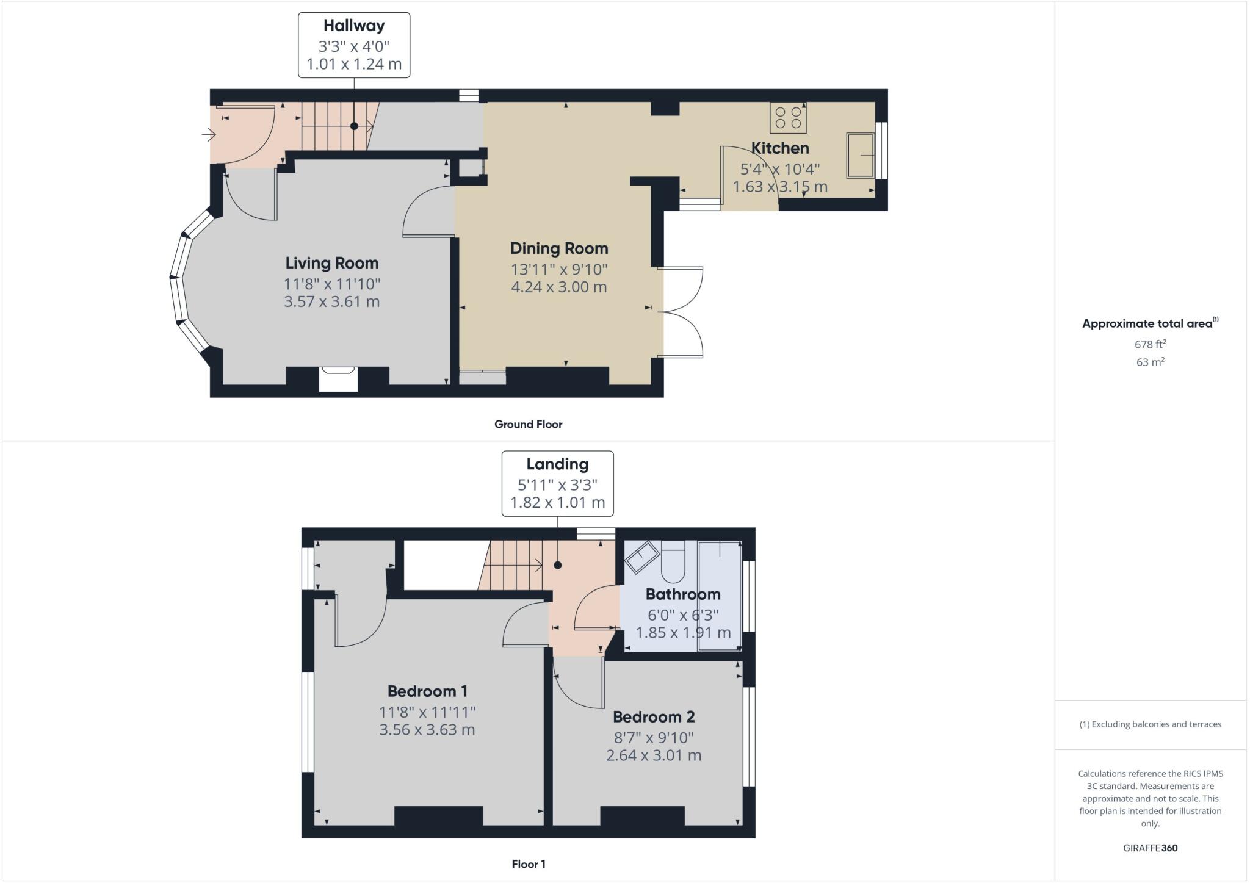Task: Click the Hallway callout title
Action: (x=354, y=26)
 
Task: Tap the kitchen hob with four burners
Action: (x=788, y=118)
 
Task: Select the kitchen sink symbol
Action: (x=860, y=156)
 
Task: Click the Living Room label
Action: (x=332, y=263)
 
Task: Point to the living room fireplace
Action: (x=338, y=378)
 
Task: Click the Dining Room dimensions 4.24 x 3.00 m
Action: (x=558, y=287)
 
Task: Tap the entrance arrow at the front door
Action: (x=209, y=134)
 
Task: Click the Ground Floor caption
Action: (x=528, y=424)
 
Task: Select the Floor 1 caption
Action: (x=529, y=864)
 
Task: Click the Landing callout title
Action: (x=557, y=464)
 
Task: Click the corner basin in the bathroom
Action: (x=640, y=557)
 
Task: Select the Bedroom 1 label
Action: (x=427, y=691)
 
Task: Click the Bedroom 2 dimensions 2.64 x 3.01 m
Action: (x=653, y=755)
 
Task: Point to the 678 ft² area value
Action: (x=1150, y=344)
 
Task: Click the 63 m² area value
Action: (x=1150, y=362)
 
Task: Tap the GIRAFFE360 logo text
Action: (x=1150, y=848)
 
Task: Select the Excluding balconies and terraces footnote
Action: (x=1150, y=724)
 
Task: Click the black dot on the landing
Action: (x=557, y=565)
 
